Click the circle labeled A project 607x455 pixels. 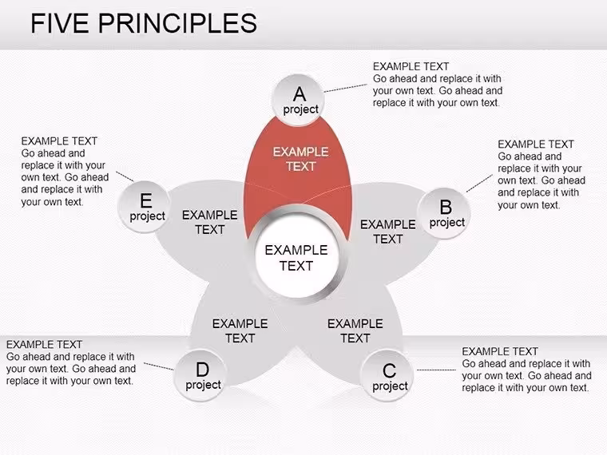[298, 100]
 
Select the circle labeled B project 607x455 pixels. [443, 213]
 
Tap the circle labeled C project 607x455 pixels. [387, 376]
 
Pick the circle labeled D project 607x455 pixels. [200, 375]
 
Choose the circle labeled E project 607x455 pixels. [145, 207]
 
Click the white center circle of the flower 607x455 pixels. [297, 258]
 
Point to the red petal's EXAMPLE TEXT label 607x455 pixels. [301, 159]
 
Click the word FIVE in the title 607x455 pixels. [60, 23]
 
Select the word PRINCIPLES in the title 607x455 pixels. [177, 23]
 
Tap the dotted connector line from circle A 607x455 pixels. [345, 88]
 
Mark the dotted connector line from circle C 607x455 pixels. [436, 370]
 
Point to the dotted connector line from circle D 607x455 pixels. [159, 366]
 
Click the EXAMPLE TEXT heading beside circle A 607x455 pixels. [411, 66]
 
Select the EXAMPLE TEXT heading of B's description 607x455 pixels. [536, 144]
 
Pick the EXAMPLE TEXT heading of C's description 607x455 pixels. [500, 351]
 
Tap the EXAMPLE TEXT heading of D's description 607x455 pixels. [44, 344]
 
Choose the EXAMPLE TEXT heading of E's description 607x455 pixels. [59, 140]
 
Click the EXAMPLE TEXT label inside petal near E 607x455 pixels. [210, 222]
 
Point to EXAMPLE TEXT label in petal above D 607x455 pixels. [240, 330]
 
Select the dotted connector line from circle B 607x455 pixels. [479, 184]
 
